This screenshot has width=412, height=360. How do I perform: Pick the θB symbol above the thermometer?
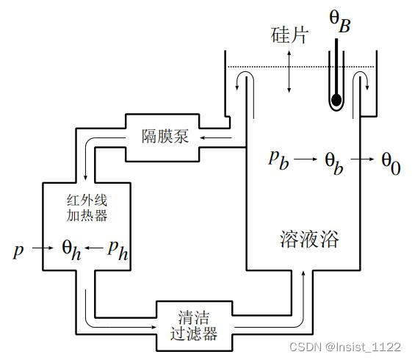click(340, 22)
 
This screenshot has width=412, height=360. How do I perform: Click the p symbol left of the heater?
click(18, 250)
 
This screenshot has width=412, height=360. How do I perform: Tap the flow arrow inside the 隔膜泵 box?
click(214, 136)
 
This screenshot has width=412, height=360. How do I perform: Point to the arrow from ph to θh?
click(93, 249)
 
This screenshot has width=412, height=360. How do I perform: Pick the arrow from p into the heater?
click(41, 249)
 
